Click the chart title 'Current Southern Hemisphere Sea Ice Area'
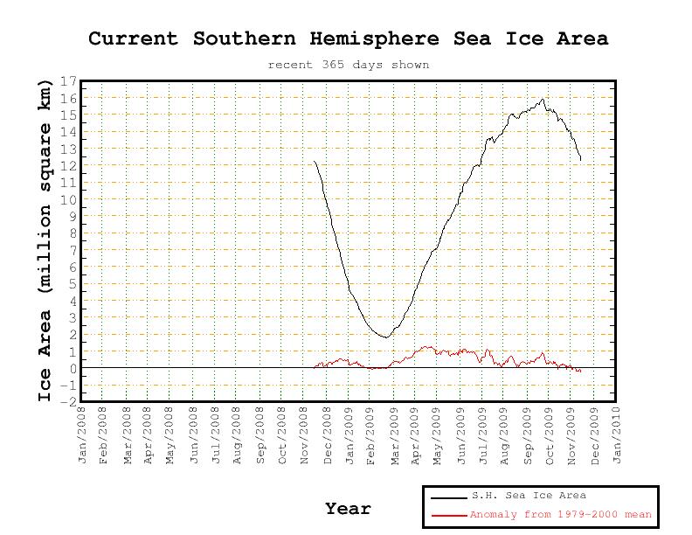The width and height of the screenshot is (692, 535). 348,38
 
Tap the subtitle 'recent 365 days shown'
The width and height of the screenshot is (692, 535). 348,65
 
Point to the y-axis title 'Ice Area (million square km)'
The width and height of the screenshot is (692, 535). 45,240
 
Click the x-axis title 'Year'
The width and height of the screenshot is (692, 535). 348,509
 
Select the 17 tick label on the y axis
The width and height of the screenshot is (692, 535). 69,82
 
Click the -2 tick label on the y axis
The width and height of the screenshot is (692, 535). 69,402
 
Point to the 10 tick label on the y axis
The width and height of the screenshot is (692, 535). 69,200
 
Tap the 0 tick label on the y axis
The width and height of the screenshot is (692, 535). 73,368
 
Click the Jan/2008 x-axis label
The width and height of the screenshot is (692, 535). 83,434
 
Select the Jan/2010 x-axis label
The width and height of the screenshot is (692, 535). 617,434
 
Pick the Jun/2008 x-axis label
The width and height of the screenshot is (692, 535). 194,434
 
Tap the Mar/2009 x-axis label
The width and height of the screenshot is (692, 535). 394,434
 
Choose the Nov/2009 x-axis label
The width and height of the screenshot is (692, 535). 572,434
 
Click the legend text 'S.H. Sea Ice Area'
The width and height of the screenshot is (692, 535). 529,497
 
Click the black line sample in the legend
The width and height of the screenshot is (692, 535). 448,497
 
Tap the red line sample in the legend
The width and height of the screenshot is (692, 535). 448,516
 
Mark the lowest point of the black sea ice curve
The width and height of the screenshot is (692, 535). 384,337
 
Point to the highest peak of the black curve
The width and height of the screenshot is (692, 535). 543,99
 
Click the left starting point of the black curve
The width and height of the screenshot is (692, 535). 315,162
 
